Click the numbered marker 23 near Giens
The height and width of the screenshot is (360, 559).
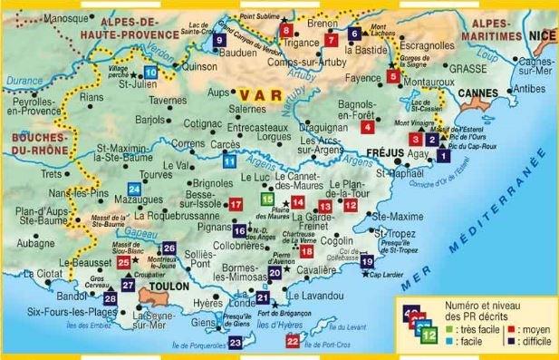(235, 342)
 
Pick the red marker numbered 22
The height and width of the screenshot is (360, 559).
(292, 341)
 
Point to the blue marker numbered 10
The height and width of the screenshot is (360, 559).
(150, 72)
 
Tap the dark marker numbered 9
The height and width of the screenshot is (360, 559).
(220, 41)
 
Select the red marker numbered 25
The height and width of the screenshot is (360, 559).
(125, 262)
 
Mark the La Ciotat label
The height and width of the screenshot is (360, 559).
(43, 273)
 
